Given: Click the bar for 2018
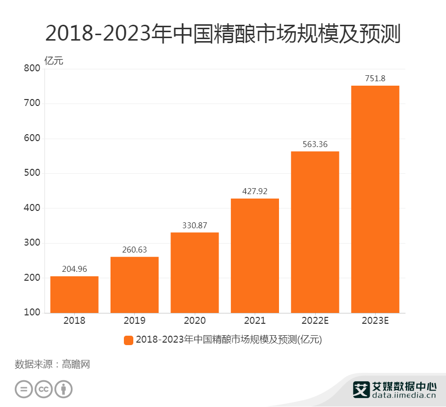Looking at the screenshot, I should pos(74,295).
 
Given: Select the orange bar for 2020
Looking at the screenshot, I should pos(195,272).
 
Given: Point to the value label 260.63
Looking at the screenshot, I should pos(135,250).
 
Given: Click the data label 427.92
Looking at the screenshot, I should pos(255,191).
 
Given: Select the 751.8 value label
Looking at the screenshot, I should pos(375,78).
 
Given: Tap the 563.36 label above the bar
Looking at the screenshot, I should pos(315,144).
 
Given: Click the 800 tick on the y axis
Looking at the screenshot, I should pos(32,69).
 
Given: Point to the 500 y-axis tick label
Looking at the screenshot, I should pos(32,173).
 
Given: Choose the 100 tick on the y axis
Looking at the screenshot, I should pos(32,313).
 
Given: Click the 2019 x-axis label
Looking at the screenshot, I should pos(135,320).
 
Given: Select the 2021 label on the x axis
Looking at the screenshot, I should pos(255,320).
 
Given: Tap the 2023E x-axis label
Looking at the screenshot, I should pos(375,320).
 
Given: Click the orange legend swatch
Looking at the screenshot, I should pos(128,340).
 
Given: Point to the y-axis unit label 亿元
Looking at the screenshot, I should pos(54,61).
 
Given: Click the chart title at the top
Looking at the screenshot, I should pos(223,34).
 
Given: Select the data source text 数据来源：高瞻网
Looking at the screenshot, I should pos(53,365).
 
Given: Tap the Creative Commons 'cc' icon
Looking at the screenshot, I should pos(44,389).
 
